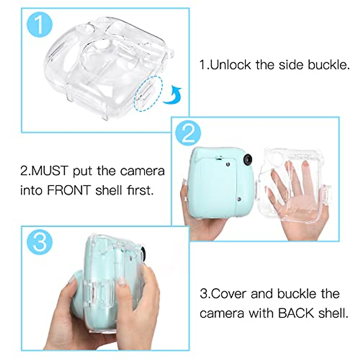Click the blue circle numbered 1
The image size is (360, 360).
coord(39,24)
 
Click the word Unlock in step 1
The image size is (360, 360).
coord(230,65)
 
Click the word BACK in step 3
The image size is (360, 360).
coord(296,313)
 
